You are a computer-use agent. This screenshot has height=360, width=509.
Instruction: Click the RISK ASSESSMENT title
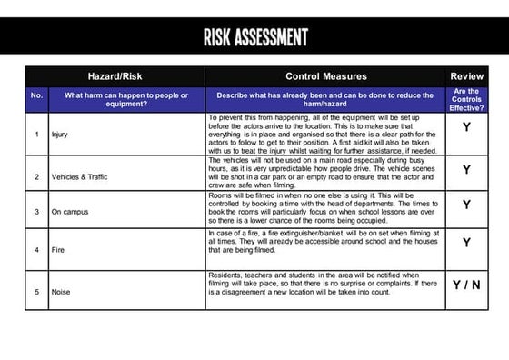pyautogui.click(x=255, y=37)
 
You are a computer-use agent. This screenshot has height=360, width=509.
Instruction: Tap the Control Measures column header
pyautogui.click(x=325, y=76)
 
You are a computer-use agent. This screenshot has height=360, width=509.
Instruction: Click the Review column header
pyautogui.click(x=466, y=76)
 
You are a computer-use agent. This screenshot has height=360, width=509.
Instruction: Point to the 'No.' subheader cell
pyautogui.click(x=36, y=95)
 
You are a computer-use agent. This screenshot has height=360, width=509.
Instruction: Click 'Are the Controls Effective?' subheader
pyautogui.click(x=466, y=100)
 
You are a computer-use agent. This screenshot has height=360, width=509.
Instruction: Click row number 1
pyautogui.click(x=36, y=135)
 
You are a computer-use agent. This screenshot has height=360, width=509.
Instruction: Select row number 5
pyautogui.click(x=36, y=292)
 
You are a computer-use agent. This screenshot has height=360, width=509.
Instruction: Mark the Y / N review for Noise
pyautogui.click(x=466, y=285)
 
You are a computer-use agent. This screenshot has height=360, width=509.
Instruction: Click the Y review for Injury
pyautogui.click(x=466, y=128)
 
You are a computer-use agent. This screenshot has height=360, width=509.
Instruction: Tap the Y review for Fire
pyautogui.click(x=466, y=243)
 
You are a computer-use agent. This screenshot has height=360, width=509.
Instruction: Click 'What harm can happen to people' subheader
pyautogui.click(x=127, y=100)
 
